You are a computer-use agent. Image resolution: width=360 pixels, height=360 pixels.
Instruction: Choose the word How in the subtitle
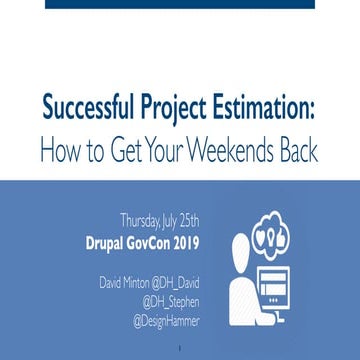pyautogui.click(x=61, y=151)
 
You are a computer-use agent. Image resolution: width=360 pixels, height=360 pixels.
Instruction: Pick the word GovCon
pyautogui.click(x=151, y=241)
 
